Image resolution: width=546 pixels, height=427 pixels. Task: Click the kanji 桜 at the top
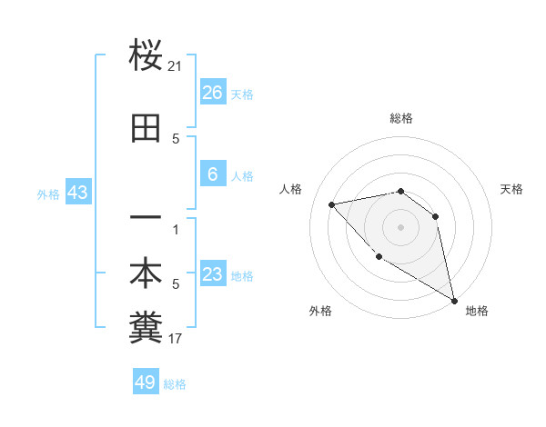click(146, 56)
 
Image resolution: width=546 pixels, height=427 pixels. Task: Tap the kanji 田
click(146, 129)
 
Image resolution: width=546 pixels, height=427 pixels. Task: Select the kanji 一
click(146, 220)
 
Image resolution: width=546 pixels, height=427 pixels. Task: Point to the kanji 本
click(146, 274)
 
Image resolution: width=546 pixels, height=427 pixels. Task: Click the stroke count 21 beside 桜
click(176, 66)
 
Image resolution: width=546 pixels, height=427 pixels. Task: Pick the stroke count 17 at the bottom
click(176, 339)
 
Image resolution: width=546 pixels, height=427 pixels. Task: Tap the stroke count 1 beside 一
click(176, 230)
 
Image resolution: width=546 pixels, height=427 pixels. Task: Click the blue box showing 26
click(213, 93)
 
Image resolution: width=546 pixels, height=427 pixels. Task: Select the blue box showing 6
click(213, 174)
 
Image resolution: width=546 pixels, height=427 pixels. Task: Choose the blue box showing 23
click(213, 275)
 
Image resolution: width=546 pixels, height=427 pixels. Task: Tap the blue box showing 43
click(77, 193)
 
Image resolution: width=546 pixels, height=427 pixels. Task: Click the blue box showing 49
click(146, 382)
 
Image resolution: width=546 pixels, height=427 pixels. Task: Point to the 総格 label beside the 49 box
click(176, 384)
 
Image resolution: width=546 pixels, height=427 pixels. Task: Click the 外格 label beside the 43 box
click(48, 194)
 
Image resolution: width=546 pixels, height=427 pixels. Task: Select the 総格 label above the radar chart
click(401, 118)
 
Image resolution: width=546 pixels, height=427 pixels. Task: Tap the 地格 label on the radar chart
click(477, 311)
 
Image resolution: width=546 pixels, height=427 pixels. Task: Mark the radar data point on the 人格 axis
click(332, 204)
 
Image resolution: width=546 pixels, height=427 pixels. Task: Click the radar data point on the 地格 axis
click(455, 301)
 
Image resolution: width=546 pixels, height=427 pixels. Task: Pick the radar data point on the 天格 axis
click(436, 216)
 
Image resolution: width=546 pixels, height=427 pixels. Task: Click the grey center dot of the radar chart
click(400, 226)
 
